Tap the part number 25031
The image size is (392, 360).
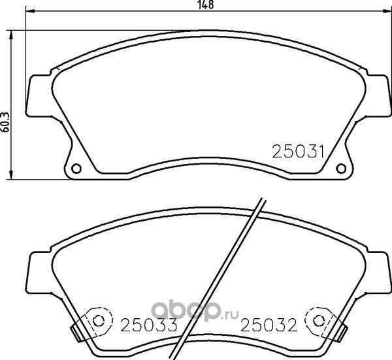pos(297,151)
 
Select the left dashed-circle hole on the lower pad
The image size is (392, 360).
pos(99,321)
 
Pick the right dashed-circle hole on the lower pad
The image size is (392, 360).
pos(319,321)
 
